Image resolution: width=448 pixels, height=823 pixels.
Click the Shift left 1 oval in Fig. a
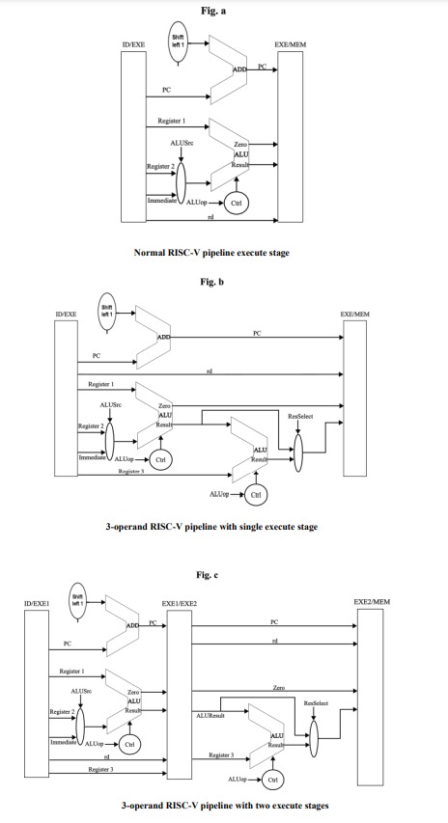pyautogui.click(x=178, y=44)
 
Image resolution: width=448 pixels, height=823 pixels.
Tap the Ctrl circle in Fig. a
pyautogui.click(x=234, y=204)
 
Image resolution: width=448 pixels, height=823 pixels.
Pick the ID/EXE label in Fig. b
pyautogui.click(x=67, y=315)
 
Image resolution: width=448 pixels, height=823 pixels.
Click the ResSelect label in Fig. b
pyautogui.click(x=300, y=416)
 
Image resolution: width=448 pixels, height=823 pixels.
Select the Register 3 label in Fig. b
pyautogui.click(x=130, y=471)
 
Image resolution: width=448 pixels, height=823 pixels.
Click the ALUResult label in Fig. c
pyautogui.click(x=210, y=715)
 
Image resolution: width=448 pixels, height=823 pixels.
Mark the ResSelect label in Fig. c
pyautogui.click(x=316, y=703)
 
